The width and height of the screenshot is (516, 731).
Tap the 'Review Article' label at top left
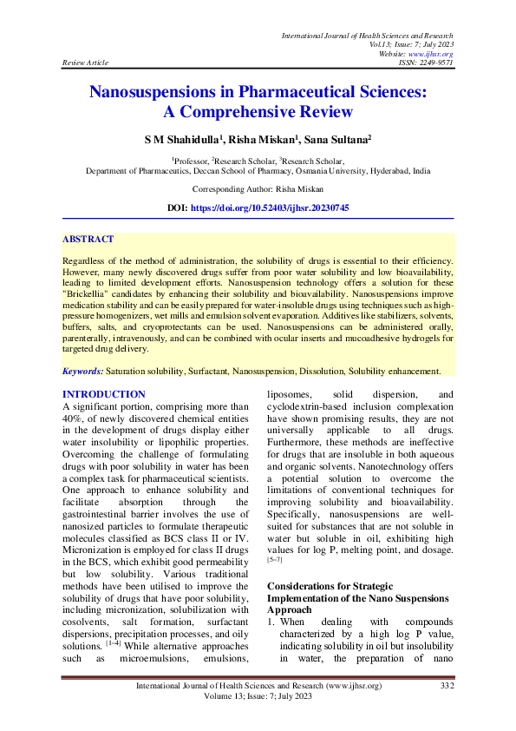[x=86, y=63]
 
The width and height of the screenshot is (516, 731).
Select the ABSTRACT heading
[x=88, y=239]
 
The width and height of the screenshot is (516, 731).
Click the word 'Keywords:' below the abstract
[x=82, y=372]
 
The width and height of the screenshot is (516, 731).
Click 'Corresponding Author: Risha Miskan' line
[x=258, y=189]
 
